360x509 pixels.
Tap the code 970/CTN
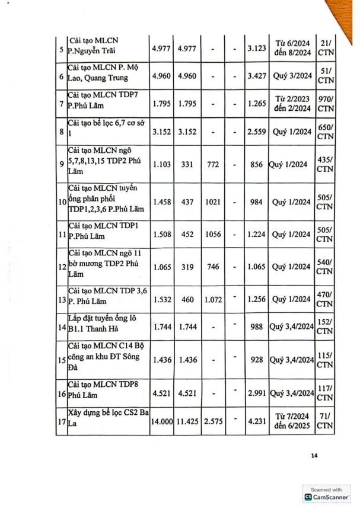[325, 104]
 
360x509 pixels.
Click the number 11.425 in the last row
[188, 421]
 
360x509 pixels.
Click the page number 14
[314, 455]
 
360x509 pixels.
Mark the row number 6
[62, 77]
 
